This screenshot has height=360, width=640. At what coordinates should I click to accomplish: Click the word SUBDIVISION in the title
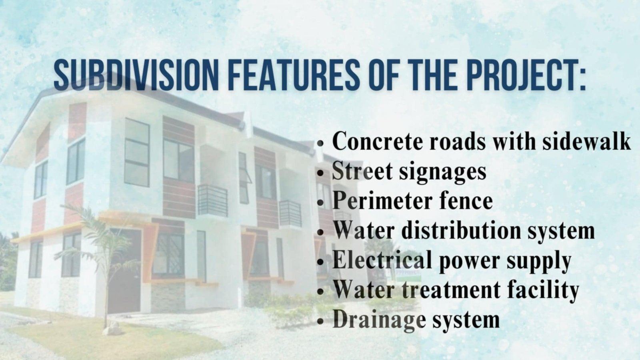click(x=136, y=75)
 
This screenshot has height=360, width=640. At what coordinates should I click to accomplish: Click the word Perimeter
click(x=382, y=200)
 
